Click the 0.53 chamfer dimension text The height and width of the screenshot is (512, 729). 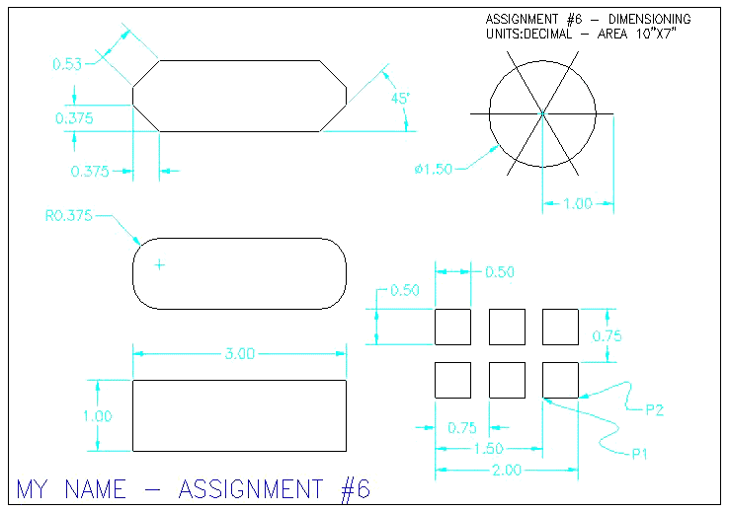(x=67, y=63)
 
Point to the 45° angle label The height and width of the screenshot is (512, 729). (x=400, y=99)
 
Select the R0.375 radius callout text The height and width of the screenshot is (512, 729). (x=69, y=215)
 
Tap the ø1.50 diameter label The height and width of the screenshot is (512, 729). (x=434, y=169)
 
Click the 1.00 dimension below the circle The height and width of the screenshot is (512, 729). (x=578, y=203)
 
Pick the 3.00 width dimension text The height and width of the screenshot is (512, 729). (x=240, y=354)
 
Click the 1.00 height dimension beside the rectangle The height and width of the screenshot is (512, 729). (x=98, y=416)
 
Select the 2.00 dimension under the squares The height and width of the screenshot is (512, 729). (x=507, y=471)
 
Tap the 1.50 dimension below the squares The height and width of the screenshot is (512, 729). (x=489, y=449)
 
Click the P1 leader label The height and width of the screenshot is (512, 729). (x=640, y=454)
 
